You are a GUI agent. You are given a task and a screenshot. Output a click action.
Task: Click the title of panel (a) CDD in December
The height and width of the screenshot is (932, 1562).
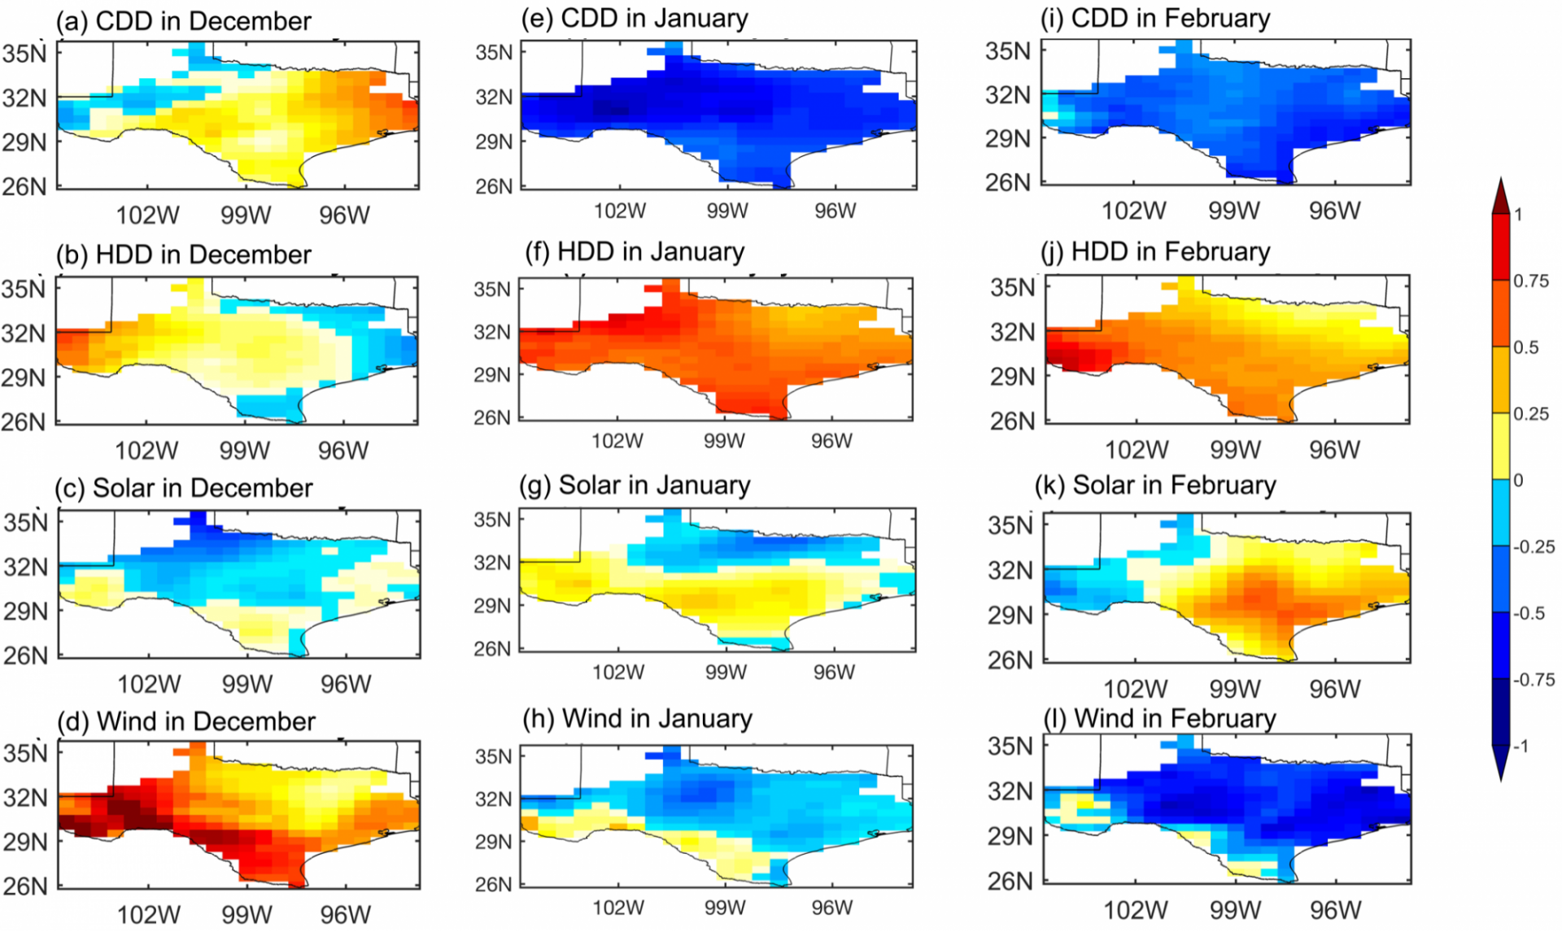(x=183, y=21)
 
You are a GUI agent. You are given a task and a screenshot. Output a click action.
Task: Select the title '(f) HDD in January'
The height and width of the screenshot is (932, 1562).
(x=635, y=252)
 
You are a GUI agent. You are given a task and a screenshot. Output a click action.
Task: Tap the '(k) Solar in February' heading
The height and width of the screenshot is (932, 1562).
(x=1155, y=486)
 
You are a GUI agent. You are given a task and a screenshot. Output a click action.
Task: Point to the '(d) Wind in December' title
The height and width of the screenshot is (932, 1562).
(x=185, y=721)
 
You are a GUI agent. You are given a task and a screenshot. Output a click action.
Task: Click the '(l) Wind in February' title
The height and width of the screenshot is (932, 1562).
(x=1159, y=719)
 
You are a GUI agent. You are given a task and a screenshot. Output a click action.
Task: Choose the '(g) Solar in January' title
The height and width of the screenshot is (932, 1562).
(x=635, y=486)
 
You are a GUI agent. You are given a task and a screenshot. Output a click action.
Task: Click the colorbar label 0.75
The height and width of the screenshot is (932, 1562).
(x=1530, y=281)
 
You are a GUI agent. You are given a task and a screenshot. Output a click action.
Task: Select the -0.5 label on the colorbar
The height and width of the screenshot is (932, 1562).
(x=1530, y=613)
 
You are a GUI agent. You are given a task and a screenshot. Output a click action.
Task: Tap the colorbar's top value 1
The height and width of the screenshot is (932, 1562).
(x=1518, y=215)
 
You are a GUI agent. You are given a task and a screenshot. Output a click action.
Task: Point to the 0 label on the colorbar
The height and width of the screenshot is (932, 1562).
(x=1518, y=481)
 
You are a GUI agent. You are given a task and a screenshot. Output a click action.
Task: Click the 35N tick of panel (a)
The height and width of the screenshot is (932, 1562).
(x=24, y=54)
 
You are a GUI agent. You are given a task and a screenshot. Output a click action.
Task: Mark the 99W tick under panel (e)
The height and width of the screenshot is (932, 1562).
(x=726, y=211)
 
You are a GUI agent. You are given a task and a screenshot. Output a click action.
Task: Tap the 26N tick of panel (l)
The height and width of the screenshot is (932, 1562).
(x=1010, y=882)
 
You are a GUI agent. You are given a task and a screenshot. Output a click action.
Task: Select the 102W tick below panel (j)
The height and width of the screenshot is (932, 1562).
(x=1136, y=450)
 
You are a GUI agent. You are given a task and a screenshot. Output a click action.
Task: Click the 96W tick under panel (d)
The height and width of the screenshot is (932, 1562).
(x=345, y=915)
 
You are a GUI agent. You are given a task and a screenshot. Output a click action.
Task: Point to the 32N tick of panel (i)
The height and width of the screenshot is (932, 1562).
(x=1008, y=95)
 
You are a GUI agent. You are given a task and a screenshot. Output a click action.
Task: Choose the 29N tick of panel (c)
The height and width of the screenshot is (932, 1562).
(x=25, y=612)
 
